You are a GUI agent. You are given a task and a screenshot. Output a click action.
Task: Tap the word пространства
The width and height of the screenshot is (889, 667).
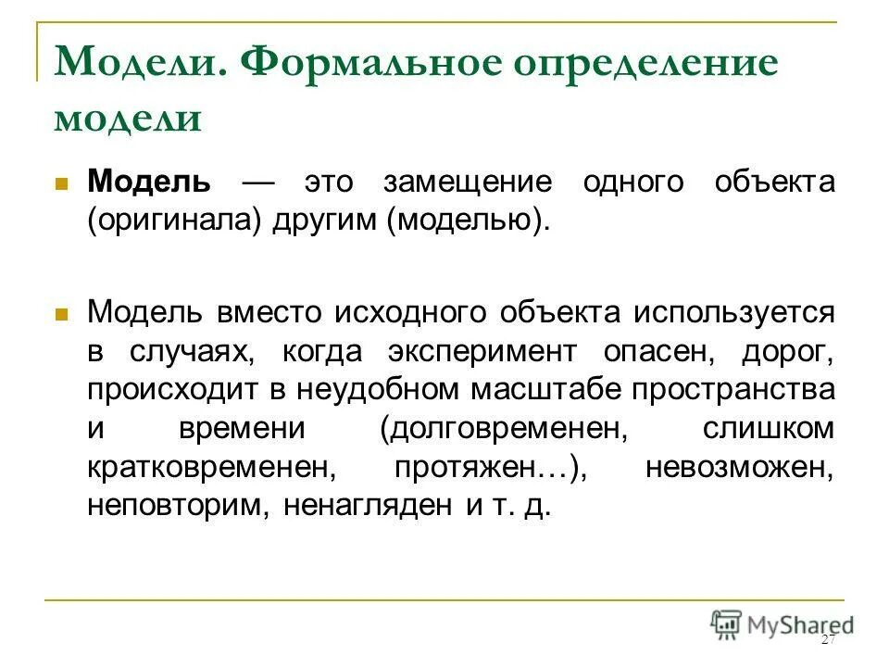point(732,390)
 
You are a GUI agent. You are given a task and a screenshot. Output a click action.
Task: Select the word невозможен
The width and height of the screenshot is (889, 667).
point(740,468)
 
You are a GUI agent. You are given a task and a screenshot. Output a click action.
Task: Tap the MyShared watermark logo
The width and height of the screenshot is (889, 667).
point(782,623)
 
